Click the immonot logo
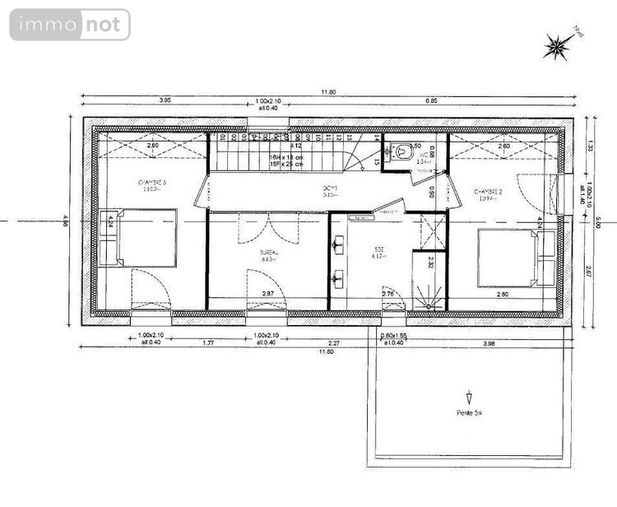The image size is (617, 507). [70, 25]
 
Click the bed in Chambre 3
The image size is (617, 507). [145, 237]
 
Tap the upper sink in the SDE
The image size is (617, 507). [336, 245]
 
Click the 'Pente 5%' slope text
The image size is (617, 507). [469, 413]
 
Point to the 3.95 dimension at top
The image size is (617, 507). [165, 100]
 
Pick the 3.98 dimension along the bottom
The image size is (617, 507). [489, 343]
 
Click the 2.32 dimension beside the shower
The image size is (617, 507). [430, 263]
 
